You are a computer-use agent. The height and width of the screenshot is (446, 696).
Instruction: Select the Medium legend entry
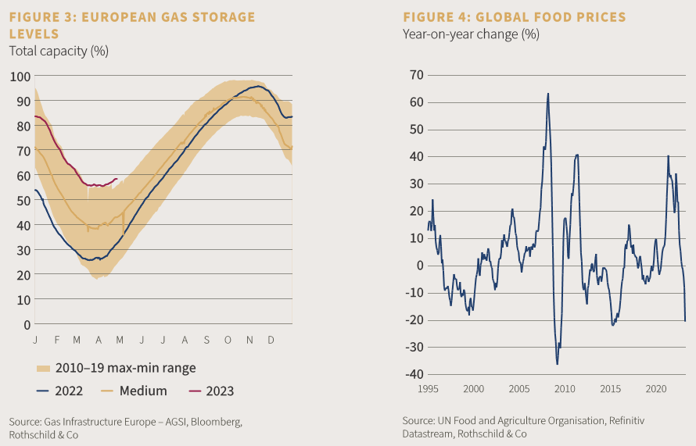(136, 391)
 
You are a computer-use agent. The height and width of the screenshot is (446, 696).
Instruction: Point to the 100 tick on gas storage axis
(20, 77)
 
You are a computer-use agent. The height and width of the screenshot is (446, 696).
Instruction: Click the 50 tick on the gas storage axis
(20, 200)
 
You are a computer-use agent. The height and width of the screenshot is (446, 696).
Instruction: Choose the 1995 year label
(428, 389)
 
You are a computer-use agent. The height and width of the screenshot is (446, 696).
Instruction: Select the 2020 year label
(655, 389)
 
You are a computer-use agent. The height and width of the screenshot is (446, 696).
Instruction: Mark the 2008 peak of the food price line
(547, 94)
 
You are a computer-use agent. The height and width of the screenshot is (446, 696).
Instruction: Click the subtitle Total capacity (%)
(58, 52)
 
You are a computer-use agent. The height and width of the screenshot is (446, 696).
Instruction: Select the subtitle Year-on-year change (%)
(471, 34)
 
